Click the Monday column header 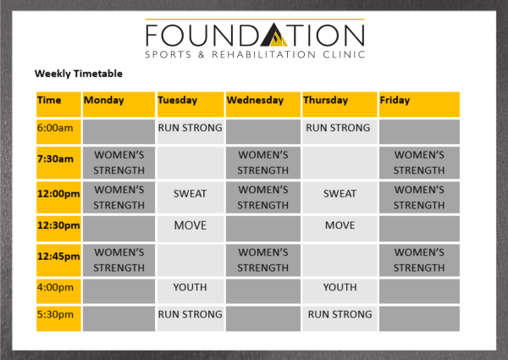coord(119,104)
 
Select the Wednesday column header coord(263,104)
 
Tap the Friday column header coord(419,104)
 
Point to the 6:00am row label coord(55,128)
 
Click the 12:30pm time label coord(58,225)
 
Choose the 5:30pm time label coord(55,314)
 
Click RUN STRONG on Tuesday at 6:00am coord(190,128)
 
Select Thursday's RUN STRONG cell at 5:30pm coord(340,314)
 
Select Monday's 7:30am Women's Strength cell coord(119,163)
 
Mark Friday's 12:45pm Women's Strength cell coord(419,260)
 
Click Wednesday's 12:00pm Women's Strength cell coord(263,197)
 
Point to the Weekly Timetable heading coord(79,74)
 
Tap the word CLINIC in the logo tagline coord(344,54)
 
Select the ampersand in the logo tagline coord(202,54)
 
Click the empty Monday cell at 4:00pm coord(119,291)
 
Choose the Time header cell coord(58,104)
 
